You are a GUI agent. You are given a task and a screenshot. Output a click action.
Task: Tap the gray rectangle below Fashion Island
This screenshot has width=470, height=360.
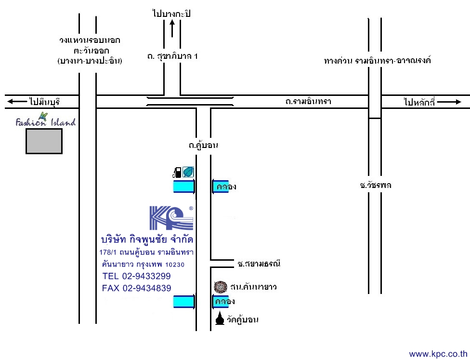[x=44, y=141]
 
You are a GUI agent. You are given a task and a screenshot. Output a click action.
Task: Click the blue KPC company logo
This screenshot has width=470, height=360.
[x=171, y=218]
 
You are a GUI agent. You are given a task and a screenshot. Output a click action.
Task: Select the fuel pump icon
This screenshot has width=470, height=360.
[x=177, y=172]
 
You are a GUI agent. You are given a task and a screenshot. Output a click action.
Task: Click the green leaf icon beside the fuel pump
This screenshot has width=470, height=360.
[x=188, y=172]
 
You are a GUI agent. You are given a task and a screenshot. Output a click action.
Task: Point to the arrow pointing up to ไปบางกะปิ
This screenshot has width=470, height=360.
[x=172, y=29]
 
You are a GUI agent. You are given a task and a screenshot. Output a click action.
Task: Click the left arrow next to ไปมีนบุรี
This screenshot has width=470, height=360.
[x=17, y=101]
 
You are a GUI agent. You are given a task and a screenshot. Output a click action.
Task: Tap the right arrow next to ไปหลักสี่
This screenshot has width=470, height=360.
[x=449, y=102]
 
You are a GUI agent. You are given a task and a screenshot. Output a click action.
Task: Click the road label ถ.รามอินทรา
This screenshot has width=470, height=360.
[x=308, y=101]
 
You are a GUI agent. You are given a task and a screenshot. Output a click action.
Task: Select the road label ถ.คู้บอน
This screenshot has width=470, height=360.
[x=203, y=146]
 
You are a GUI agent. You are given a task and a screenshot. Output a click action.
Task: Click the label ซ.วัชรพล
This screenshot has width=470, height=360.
[x=376, y=185]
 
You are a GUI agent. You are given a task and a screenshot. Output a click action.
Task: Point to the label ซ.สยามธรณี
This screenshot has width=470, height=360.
[x=259, y=264]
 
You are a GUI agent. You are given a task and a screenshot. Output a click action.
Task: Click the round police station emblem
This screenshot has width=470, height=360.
[x=221, y=287]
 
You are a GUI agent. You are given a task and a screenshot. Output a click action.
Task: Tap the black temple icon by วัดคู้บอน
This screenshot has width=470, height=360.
[x=220, y=318]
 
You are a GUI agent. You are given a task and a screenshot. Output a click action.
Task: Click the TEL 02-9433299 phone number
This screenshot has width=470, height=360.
[x=136, y=276]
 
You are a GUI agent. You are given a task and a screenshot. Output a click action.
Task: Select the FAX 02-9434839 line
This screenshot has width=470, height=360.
[x=136, y=288]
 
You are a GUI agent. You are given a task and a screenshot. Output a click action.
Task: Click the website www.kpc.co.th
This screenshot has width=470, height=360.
[x=438, y=354]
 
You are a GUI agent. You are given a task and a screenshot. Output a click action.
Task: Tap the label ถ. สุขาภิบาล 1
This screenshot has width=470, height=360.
[x=172, y=56]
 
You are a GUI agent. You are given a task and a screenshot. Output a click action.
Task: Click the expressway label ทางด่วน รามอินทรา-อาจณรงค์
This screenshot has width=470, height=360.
[x=378, y=61]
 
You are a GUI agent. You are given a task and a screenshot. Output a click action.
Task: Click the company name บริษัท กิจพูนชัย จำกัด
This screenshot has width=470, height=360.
[x=147, y=239]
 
